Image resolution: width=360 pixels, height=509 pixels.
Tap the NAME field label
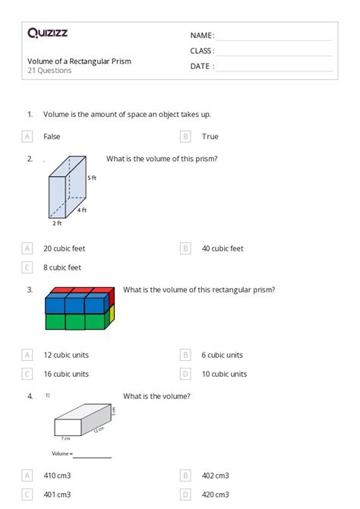[x=202, y=36]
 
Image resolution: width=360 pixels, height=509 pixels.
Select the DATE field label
[x=202, y=66]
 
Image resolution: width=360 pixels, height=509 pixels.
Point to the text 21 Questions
[x=49, y=71]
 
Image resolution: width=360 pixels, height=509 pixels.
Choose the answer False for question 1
[x=52, y=137]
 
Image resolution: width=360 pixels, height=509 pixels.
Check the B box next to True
[x=185, y=137]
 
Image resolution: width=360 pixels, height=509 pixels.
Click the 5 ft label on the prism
[x=92, y=178]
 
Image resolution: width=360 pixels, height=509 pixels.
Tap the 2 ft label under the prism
[x=57, y=223]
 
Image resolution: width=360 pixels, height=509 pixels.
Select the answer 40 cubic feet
[x=223, y=248]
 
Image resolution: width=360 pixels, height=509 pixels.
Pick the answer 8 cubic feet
[x=62, y=267]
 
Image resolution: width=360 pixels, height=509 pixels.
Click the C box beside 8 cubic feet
[x=27, y=267]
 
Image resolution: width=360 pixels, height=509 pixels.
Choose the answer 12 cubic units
[x=66, y=355]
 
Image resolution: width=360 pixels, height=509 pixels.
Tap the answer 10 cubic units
[x=224, y=374]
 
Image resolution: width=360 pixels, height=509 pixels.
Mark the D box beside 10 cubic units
[x=185, y=374]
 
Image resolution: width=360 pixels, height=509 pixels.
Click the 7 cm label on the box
[x=66, y=438]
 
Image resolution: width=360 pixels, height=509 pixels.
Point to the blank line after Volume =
[x=92, y=456]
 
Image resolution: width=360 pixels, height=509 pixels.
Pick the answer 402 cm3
[x=216, y=476]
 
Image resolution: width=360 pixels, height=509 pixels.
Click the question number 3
[x=30, y=289]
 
